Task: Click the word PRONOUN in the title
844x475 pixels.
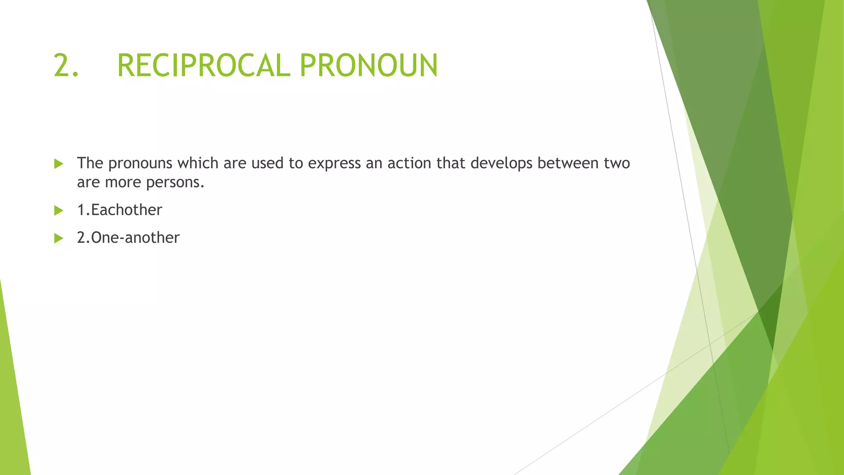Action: coord(368,66)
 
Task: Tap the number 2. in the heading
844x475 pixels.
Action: coord(66,66)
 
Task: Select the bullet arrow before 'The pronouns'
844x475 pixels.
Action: coord(59,164)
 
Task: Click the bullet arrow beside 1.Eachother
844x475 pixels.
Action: coord(59,211)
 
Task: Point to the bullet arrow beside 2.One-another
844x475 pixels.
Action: coord(59,238)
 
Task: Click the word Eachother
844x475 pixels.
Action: coord(127,210)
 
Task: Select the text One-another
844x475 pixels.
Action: coord(135,237)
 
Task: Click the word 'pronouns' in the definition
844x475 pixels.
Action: coord(140,164)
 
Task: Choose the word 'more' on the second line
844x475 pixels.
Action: coord(123,182)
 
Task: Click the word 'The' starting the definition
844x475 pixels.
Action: coord(90,163)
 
